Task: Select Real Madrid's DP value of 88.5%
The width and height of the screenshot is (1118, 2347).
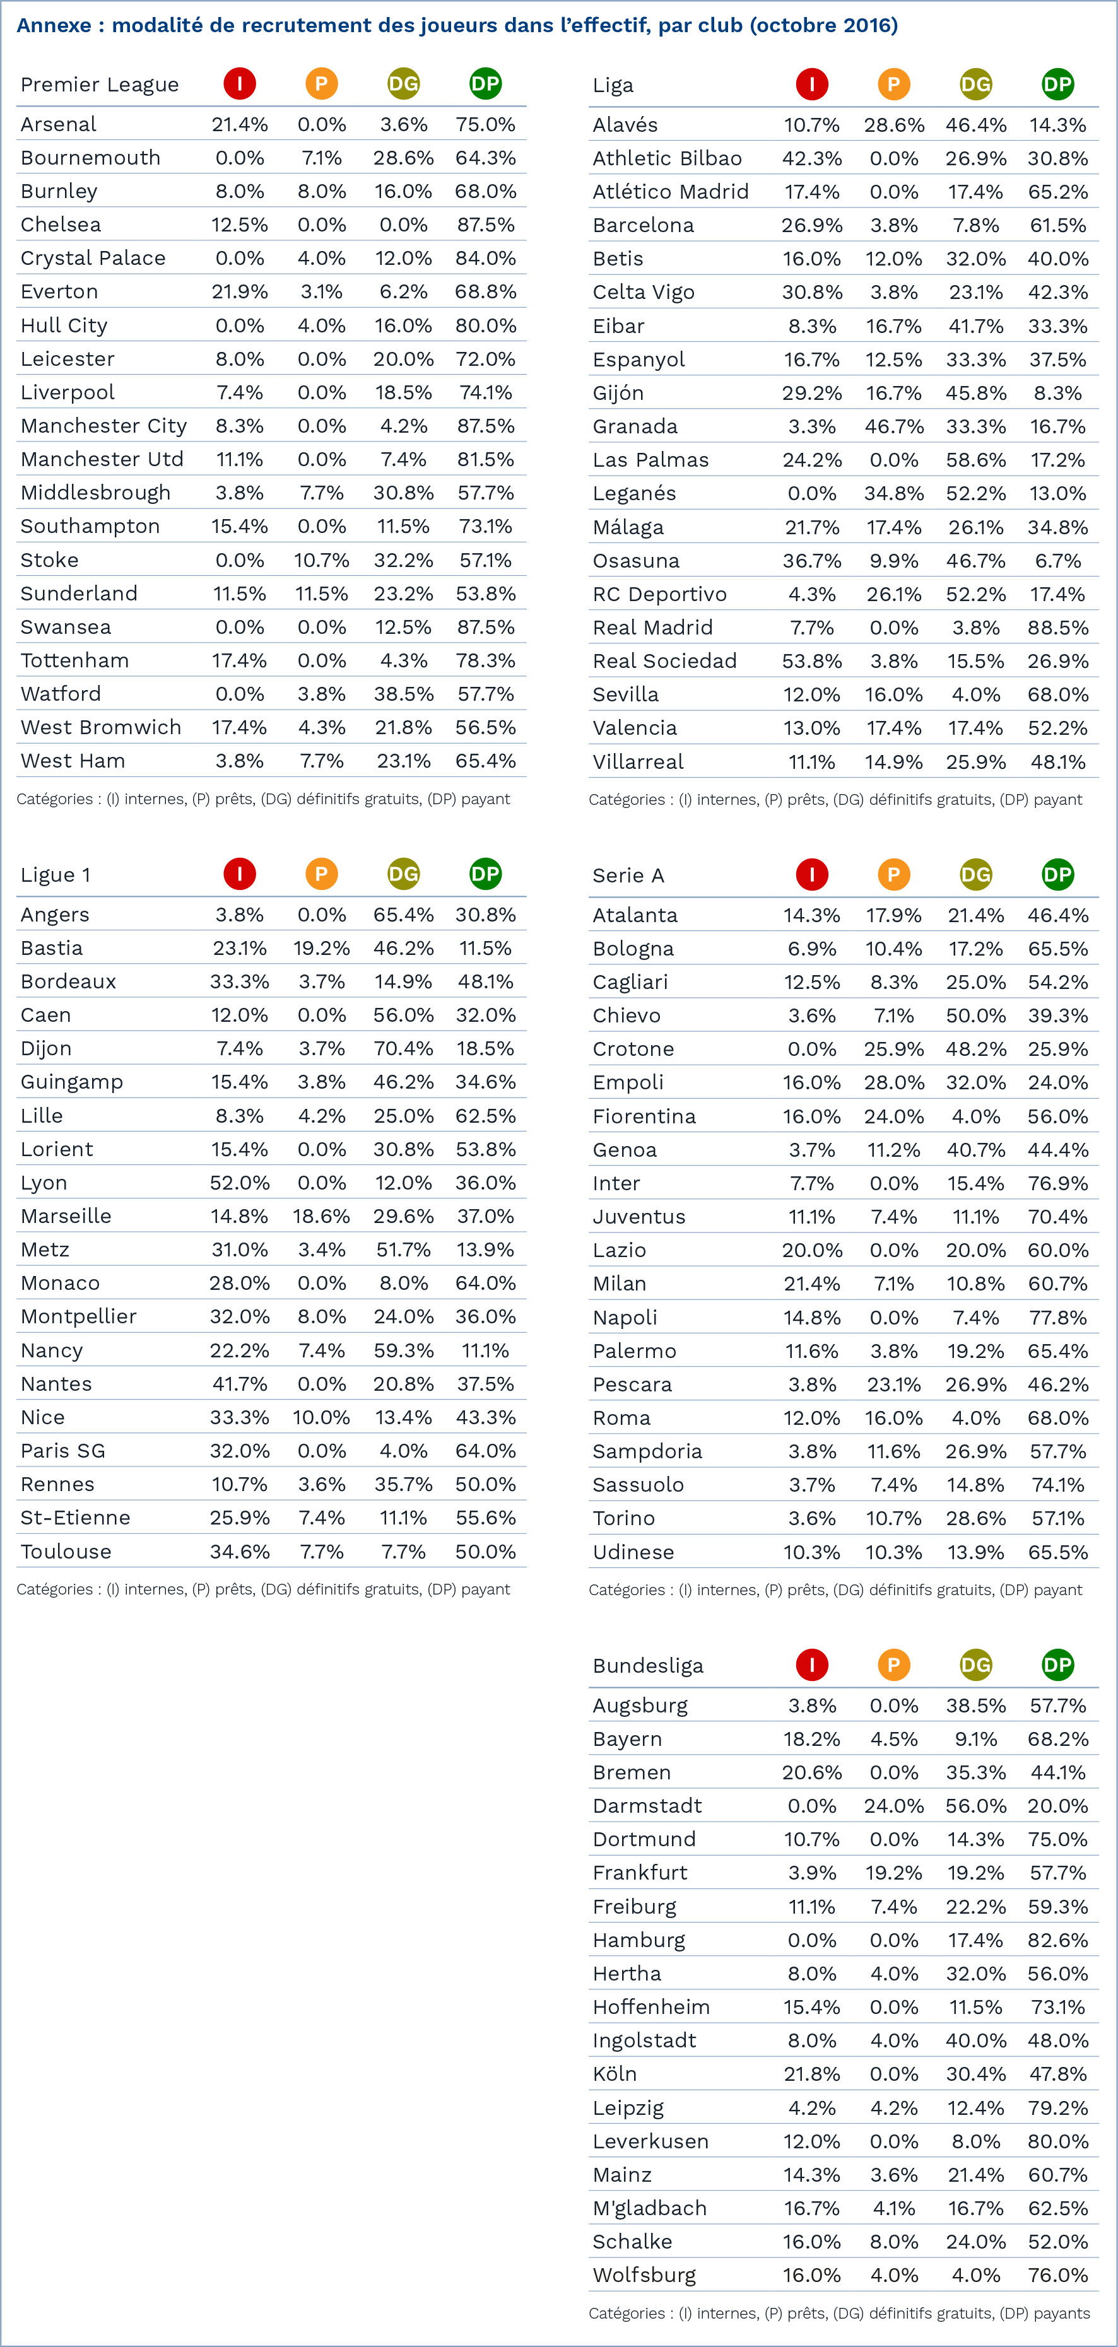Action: (x=1057, y=628)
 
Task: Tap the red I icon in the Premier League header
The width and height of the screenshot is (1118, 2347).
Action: (x=240, y=84)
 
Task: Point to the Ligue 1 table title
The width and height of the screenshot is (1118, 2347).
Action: (x=56, y=875)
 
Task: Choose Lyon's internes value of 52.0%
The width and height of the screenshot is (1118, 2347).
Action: (x=240, y=1183)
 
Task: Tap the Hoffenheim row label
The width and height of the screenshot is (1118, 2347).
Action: (x=650, y=2006)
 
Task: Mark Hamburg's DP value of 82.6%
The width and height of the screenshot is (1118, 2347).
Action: (x=1057, y=1940)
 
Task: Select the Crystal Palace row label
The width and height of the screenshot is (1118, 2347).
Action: (x=93, y=258)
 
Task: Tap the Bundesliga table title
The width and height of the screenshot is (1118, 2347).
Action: (x=648, y=1666)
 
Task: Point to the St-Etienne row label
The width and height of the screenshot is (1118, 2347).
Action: (x=76, y=1517)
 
